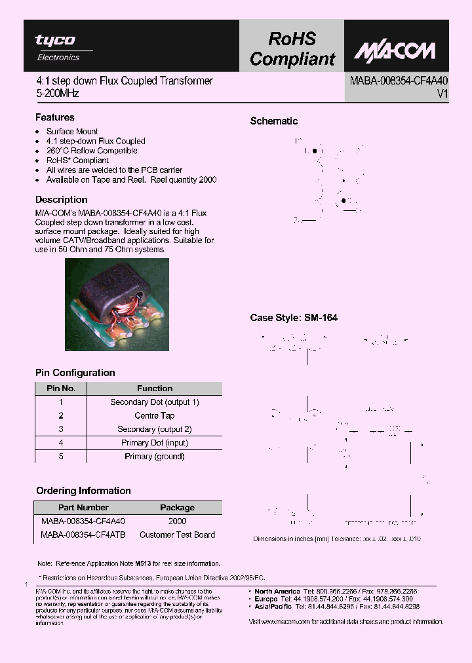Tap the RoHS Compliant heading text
[x=292, y=49]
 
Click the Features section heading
[x=54, y=117]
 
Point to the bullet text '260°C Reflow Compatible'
[x=91, y=151]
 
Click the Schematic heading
[x=273, y=121]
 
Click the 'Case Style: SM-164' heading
[x=294, y=318]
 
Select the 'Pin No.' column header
[x=61, y=388]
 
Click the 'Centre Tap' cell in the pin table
[x=155, y=415]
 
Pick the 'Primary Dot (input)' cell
[x=155, y=443]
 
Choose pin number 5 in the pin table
[x=61, y=457]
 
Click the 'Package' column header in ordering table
[x=177, y=508]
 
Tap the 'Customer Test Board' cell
[x=177, y=535]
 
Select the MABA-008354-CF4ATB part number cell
[x=83, y=535]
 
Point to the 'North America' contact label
[x=277, y=591]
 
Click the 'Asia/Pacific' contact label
[x=275, y=607]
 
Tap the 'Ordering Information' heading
[x=83, y=491]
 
